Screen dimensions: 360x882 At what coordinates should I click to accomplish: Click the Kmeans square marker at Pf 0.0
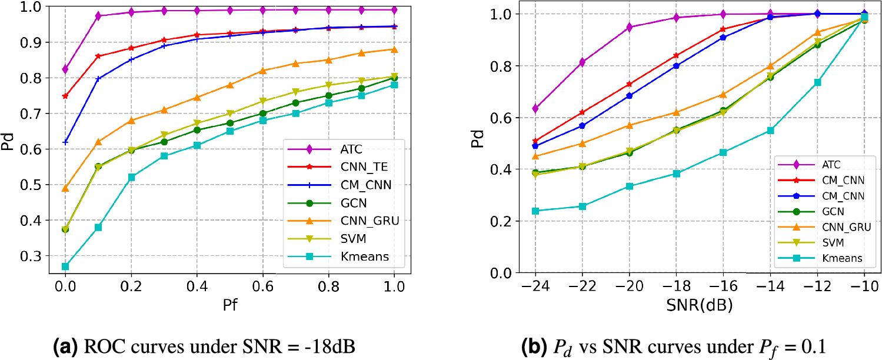65,266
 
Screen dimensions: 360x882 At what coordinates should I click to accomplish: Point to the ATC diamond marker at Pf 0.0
65,69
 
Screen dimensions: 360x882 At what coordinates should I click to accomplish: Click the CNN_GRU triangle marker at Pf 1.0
394,49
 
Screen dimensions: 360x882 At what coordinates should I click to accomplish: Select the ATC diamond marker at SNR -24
535,108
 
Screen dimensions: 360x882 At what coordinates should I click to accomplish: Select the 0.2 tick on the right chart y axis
501,221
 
